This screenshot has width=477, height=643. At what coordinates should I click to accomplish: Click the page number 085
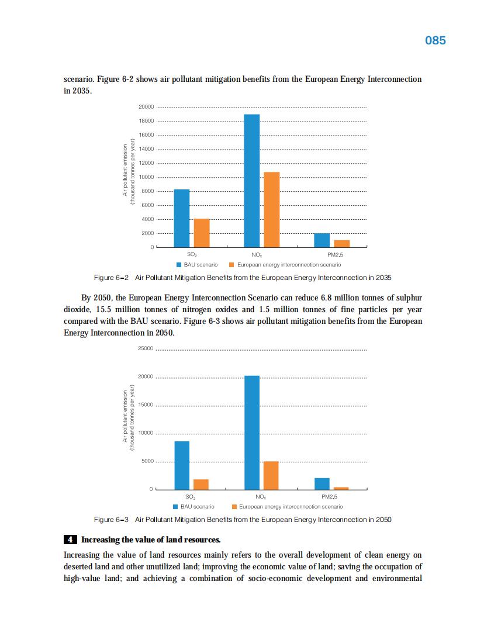pyautogui.click(x=435, y=40)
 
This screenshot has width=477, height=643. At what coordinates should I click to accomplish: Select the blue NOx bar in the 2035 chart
pyautogui.click(x=252, y=181)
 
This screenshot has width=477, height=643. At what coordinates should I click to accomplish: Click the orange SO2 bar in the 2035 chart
pyautogui.click(x=202, y=233)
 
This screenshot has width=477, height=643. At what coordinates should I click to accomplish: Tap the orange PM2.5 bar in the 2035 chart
pyautogui.click(x=342, y=243)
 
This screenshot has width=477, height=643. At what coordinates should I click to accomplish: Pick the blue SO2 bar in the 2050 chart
pyautogui.click(x=182, y=465)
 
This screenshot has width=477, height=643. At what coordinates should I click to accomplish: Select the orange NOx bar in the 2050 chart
pyautogui.click(x=271, y=475)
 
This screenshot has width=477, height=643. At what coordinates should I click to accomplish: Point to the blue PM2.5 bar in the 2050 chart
pyautogui.click(x=322, y=483)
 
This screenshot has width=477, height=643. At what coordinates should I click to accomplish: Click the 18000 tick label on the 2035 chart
pyautogui.click(x=146, y=121)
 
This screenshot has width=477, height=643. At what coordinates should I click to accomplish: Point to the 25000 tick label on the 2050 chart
pyautogui.click(x=146, y=349)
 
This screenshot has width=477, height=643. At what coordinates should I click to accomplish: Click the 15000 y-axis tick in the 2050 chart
pyautogui.click(x=146, y=405)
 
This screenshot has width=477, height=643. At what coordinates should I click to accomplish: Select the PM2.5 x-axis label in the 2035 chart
pyautogui.click(x=336, y=255)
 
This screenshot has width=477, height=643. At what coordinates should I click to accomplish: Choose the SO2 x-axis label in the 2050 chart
pyautogui.click(x=191, y=497)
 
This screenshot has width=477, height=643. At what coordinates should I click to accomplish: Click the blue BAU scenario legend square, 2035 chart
pyautogui.click(x=179, y=265)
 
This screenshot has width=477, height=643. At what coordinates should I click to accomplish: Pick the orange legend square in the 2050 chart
pyautogui.click(x=234, y=507)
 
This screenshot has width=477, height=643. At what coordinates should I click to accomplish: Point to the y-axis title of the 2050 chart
pyautogui.click(x=128, y=419)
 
